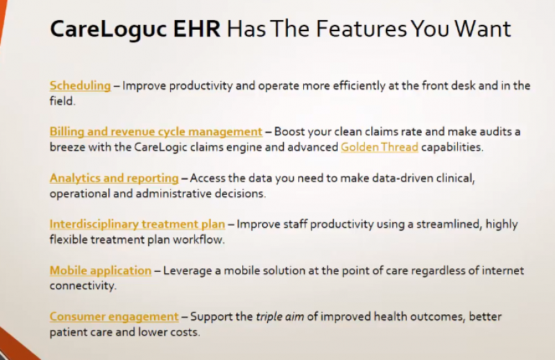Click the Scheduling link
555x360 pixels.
(x=80, y=85)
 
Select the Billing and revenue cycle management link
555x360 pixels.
(x=155, y=131)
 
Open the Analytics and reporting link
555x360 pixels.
(x=114, y=178)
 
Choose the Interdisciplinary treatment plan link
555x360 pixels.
(x=137, y=224)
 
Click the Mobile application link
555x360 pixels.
(x=100, y=270)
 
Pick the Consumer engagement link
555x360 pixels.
(x=114, y=316)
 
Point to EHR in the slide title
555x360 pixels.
(x=203, y=28)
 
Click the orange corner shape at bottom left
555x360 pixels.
(x=8, y=347)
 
